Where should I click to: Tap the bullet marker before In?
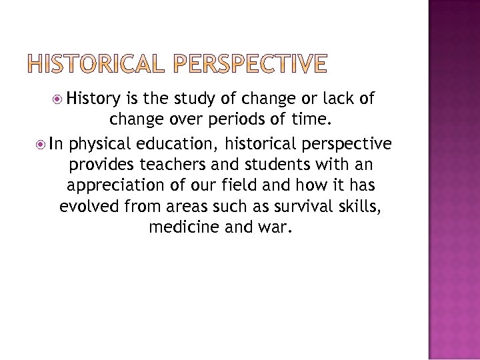coord(42,145)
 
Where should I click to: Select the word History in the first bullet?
coord(93,100)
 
